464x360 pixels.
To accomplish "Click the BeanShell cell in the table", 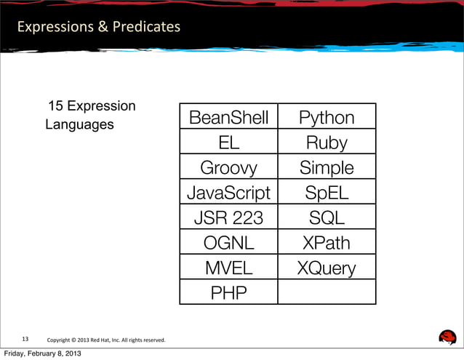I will (x=228, y=118).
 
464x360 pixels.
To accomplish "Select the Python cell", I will (x=327, y=118).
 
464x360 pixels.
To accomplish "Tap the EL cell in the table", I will (x=228, y=143).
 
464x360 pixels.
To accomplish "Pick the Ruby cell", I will (x=327, y=143).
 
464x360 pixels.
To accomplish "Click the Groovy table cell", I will (x=228, y=168).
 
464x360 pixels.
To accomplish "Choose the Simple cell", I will (x=327, y=168).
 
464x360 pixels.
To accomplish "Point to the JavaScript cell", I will (x=228, y=193).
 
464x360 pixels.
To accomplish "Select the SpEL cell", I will (x=327, y=193).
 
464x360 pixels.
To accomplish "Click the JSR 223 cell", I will (x=228, y=218).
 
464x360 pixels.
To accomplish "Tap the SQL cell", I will (x=327, y=218).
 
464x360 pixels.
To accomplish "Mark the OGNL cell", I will (x=228, y=243).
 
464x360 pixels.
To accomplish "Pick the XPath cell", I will (x=327, y=243).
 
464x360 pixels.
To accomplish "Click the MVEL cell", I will (x=228, y=268).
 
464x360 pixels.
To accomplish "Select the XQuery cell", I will (x=327, y=268).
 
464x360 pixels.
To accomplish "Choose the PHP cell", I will (x=228, y=292).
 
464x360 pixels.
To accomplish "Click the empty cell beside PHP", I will (x=327, y=292).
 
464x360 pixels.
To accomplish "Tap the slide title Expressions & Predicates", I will (x=99, y=27).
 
